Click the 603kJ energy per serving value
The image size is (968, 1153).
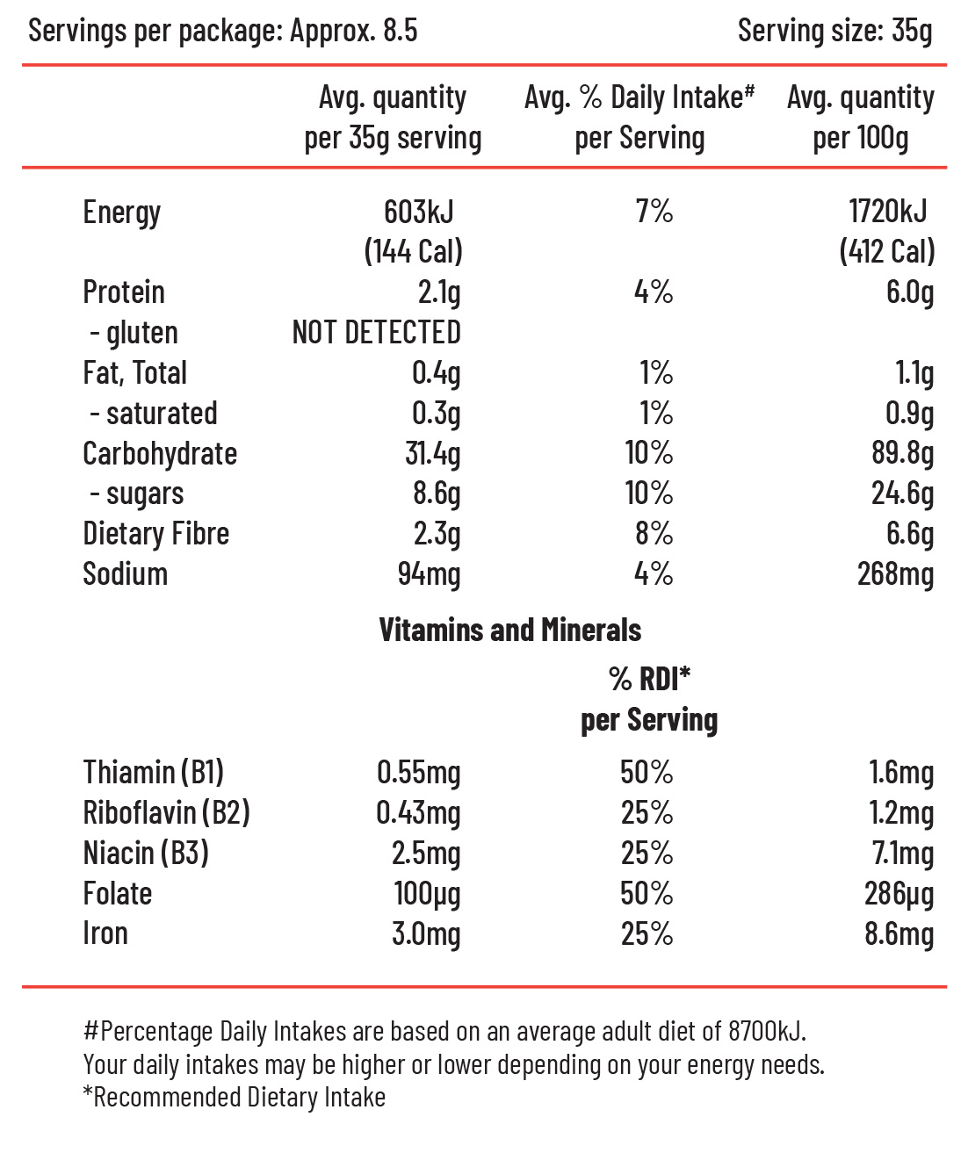tap(419, 212)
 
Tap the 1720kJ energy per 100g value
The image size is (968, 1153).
tap(887, 212)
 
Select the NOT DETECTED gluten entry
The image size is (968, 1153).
tap(376, 332)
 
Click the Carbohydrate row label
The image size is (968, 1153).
tap(160, 453)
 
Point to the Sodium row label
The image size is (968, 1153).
tap(125, 573)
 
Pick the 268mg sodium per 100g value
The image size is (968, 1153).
tap(895, 575)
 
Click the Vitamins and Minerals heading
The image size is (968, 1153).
tap(510, 630)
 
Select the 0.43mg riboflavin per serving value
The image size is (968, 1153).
tap(418, 813)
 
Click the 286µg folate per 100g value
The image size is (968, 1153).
tap(899, 894)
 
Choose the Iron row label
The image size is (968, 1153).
tap(105, 933)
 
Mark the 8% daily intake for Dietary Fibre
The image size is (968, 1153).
tap(654, 533)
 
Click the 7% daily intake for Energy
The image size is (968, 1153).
tap(654, 212)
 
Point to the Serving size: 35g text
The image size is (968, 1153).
tap(834, 31)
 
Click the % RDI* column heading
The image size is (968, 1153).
tap(649, 679)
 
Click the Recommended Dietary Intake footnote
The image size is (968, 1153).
tap(235, 1097)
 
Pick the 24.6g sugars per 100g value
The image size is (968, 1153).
tap(902, 494)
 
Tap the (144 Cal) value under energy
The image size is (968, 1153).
tap(413, 252)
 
